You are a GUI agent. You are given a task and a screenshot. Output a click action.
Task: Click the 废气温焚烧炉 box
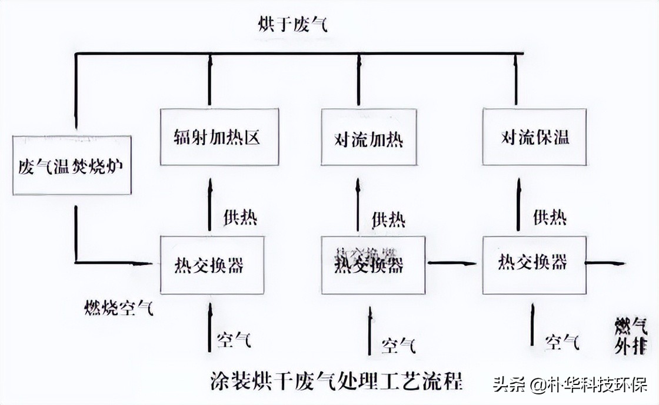pos(71,164)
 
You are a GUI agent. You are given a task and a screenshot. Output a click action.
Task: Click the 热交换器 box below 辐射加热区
pos(210,265)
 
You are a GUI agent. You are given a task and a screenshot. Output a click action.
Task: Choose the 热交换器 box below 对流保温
pos(534,265)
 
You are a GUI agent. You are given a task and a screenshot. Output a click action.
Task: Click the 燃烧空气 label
pos(119,307)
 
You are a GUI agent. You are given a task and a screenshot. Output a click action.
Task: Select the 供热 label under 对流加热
pos(388,220)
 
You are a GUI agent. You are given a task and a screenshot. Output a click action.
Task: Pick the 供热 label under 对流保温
pos(550,217)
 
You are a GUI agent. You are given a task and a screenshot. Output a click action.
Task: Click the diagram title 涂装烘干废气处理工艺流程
pos(337,381)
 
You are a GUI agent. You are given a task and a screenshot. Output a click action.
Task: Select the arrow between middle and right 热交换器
pos(452,264)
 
